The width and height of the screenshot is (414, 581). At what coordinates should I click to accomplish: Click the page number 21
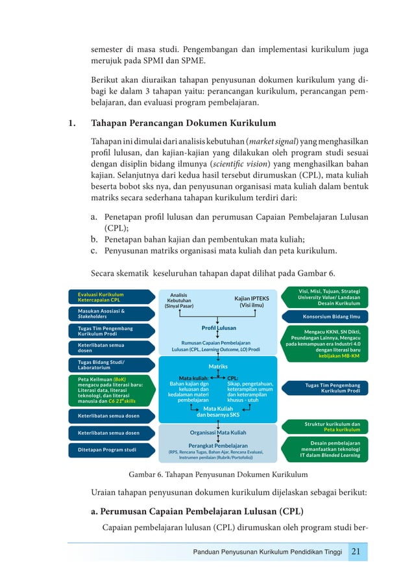click(356, 552)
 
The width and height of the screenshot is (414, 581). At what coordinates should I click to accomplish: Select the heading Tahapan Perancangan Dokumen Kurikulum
click(174, 123)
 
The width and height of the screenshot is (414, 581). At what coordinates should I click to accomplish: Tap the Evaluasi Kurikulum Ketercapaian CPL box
click(111, 297)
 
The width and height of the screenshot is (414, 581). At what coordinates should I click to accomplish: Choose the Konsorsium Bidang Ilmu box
click(323, 316)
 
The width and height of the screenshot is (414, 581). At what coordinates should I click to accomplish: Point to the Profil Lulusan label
click(219, 328)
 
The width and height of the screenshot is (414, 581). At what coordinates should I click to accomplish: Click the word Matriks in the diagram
click(218, 367)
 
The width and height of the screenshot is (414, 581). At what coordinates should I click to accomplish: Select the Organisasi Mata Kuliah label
click(218, 432)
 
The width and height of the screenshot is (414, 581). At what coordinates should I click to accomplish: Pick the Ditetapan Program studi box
click(111, 449)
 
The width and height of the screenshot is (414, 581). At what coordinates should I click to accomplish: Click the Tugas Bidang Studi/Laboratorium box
click(111, 365)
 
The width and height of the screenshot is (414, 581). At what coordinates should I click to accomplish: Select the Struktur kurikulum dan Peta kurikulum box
click(323, 426)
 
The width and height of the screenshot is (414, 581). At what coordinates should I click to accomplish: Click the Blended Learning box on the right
click(323, 448)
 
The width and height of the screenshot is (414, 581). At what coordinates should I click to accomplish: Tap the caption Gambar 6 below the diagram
click(218, 474)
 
